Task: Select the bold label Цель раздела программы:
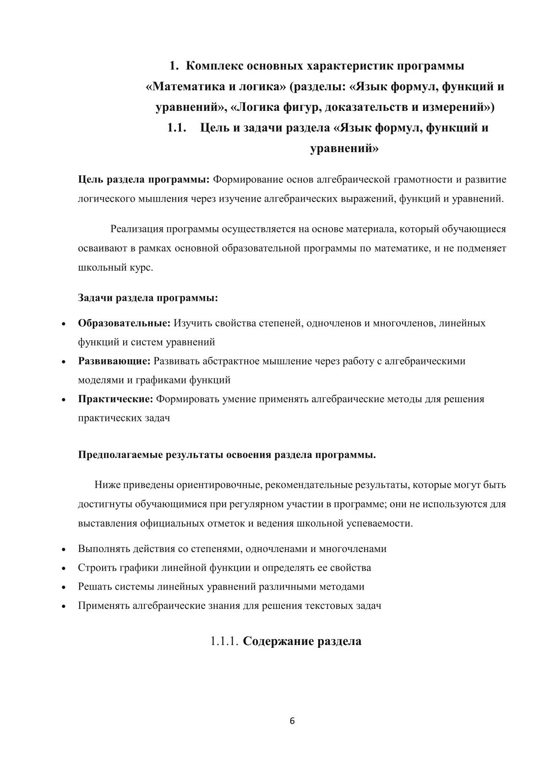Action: pyautogui.click(x=144, y=179)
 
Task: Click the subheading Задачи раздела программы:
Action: pyautogui.click(x=148, y=298)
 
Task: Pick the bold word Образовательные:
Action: pyautogui.click(x=124, y=323)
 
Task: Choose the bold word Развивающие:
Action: pyautogui.click(x=114, y=361)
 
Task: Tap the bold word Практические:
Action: pyautogui.click(x=115, y=399)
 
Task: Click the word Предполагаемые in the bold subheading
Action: pyautogui.click(x=120, y=455)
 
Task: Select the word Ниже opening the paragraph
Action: pyautogui.click(x=106, y=485)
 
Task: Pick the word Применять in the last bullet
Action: pyautogui.click(x=104, y=606)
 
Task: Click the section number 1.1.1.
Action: pyautogui.click(x=224, y=641)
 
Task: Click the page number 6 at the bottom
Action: pyautogui.click(x=292, y=721)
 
